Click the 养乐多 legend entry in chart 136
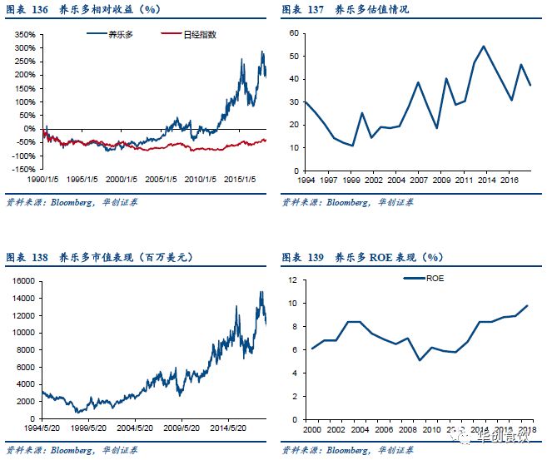coord(117,34)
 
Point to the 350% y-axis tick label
coord(22,36)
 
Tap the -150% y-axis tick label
coord(22,169)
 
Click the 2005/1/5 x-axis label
coord(161,179)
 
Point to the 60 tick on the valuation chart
coord(292,33)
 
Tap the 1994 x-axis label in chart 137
coord(305,179)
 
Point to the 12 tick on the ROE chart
coord(291,280)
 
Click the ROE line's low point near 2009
coord(420,360)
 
